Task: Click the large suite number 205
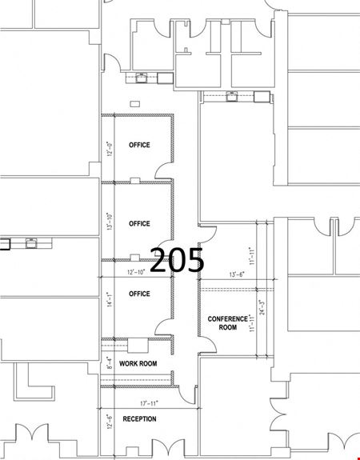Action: pos(177,260)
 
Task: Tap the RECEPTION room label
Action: pos(139,419)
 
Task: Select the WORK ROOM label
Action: pos(138,363)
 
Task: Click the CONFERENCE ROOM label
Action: pos(228,323)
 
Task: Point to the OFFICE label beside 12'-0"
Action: pos(139,145)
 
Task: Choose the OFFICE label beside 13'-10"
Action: pos(139,223)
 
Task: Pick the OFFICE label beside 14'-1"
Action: pos(139,294)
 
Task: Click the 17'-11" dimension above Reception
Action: pos(149,404)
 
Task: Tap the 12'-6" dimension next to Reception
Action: pos(110,422)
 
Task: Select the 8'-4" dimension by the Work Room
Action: pos(110,363)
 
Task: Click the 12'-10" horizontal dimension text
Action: pos(136,272)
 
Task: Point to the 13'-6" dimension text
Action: pos(237,274)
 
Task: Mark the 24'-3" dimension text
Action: pos(262,307)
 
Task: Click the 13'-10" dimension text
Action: pos(110,221)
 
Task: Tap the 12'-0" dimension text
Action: pos(110,149)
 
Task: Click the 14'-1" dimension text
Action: pos(110,299)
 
